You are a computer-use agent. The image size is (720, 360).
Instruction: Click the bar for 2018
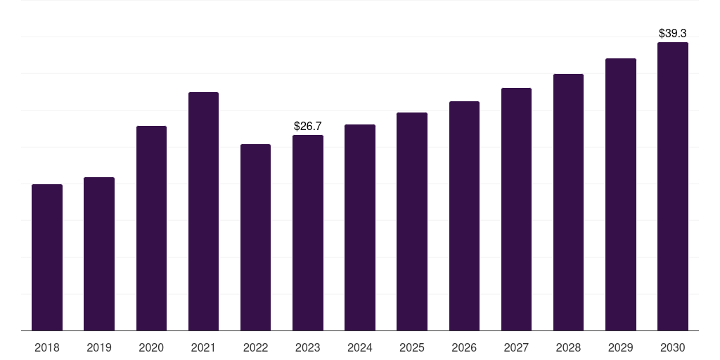47,257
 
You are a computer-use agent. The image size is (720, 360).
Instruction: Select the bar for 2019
99,254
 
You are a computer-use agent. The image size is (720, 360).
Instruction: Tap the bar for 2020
151,228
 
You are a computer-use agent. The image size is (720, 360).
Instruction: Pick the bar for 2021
203,211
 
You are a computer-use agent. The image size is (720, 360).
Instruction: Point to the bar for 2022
255,237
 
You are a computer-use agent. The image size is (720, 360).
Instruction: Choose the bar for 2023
308,233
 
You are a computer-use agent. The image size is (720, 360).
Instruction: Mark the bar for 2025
412,221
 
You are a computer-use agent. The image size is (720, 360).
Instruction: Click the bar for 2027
516,209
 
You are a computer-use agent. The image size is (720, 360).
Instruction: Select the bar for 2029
621,194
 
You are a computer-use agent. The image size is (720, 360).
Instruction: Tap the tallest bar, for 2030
673,186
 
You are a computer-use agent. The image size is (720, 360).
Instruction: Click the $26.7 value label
308,127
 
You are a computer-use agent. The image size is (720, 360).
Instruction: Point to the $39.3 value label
673,33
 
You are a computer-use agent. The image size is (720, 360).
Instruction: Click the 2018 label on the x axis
47,347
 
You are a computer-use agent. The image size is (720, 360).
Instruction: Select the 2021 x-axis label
203,347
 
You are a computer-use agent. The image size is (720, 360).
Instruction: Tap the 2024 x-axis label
360,347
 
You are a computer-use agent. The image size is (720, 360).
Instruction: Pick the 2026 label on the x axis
464,347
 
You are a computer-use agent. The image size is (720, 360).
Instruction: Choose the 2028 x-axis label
568,347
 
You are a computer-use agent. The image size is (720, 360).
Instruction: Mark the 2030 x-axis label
673,347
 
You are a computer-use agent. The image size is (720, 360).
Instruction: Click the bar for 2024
360,227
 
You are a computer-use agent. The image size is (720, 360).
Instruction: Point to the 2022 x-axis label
255,347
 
